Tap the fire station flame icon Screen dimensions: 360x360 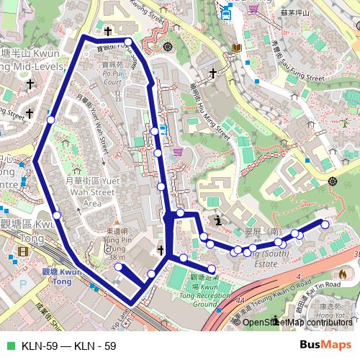[342, 274]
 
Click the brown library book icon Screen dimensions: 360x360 [236, 48]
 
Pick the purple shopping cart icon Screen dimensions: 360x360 [253, 9]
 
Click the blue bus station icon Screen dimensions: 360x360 [226, 12]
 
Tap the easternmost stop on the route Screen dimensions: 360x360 [325, 225]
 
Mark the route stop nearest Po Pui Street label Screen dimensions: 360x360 [128, 42]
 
